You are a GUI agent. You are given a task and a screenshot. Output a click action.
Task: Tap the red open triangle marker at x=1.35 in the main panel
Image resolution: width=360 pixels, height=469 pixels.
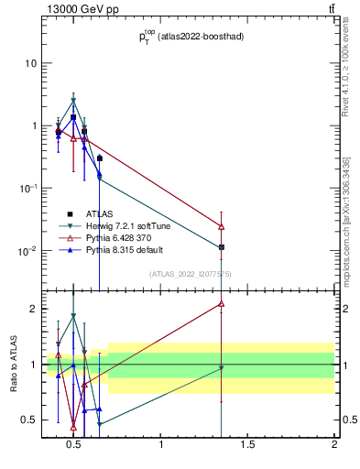click(222, 226)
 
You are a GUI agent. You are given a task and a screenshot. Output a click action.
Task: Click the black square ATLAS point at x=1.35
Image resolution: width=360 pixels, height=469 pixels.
click(222, 247)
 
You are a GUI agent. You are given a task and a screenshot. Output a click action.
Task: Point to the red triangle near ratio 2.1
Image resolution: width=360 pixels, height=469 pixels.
click(222, 303)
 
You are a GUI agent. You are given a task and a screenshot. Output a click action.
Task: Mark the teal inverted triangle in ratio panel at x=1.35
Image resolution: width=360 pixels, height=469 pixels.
click(222, 368)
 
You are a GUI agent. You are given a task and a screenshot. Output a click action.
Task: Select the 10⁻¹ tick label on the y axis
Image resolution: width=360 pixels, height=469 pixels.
click(27, 188)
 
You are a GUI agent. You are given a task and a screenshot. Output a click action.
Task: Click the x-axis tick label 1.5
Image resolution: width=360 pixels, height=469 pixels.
click(247, 446)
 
